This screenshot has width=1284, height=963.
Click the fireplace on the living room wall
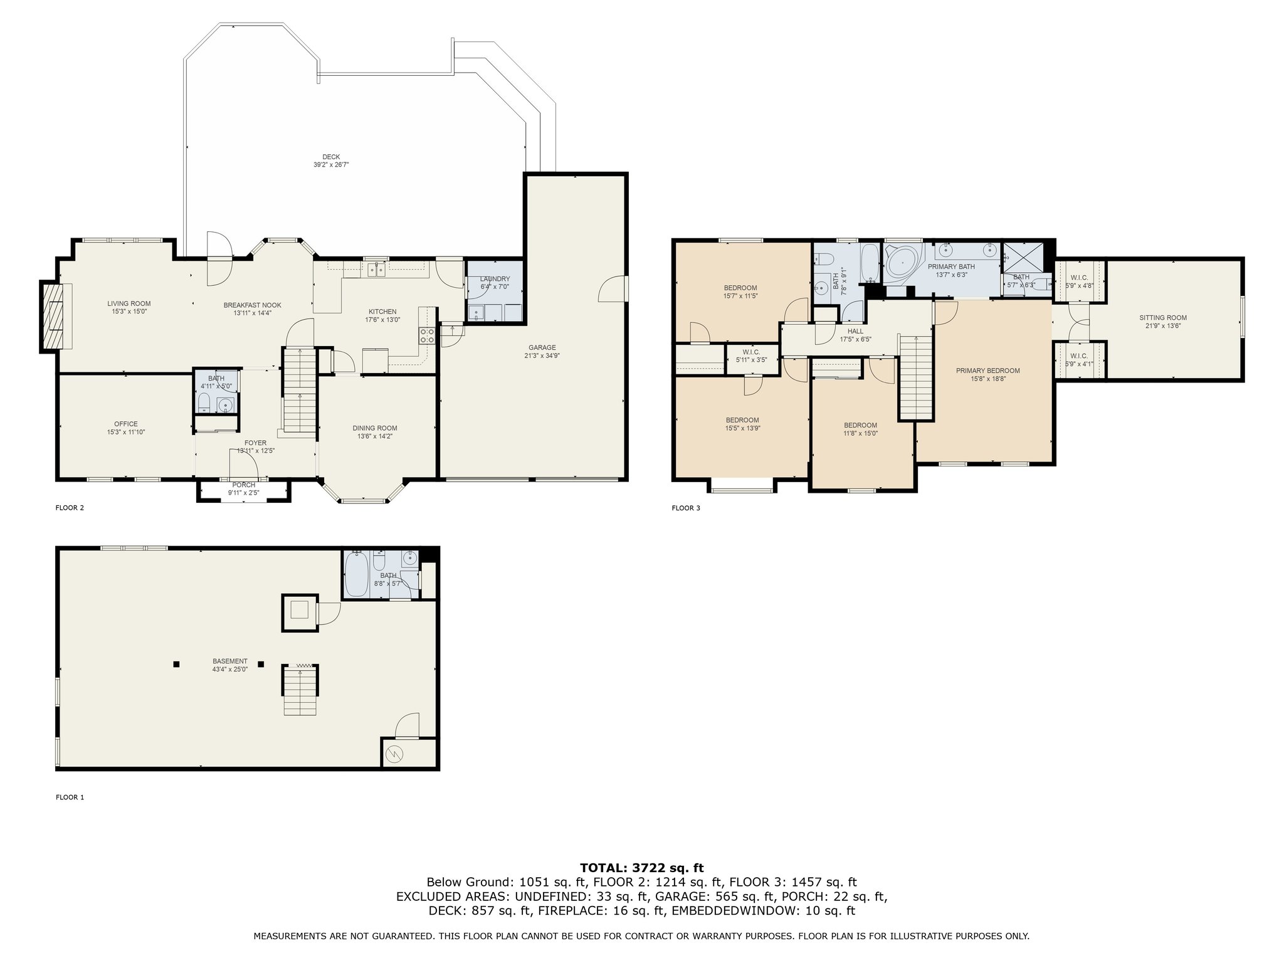[53, 317]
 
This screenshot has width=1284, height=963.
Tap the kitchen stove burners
[428, 335]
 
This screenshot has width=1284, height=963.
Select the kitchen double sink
[377, 269]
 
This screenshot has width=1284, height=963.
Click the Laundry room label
[495, 279]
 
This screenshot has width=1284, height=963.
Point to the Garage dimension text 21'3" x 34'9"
[542, 355]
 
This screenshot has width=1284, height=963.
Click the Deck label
[331, 157]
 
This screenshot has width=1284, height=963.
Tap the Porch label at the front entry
[244, 485]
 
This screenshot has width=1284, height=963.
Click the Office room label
[126, 424]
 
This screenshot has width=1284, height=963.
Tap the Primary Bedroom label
[988, 371]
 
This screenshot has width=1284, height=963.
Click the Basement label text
[230, 661]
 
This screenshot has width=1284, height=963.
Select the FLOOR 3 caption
[686, 508]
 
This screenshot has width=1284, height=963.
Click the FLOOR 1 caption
[70, 797]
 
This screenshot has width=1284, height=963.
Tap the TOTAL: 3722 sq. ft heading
[642, 868]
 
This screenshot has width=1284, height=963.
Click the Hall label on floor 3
[855, 331]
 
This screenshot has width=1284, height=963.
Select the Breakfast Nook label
[253, 305]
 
